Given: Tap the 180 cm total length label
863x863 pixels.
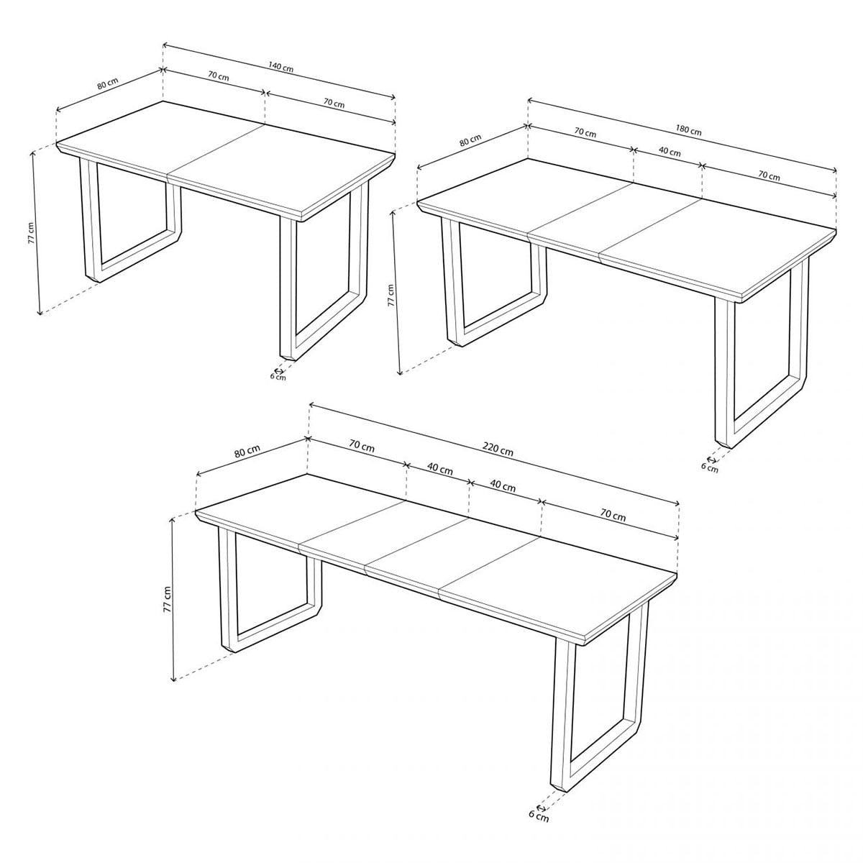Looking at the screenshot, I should click(x=688, y=130).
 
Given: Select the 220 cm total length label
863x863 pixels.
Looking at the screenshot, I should click(x=497, y=451).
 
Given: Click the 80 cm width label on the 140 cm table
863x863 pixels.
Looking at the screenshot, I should click(x=107, y=83).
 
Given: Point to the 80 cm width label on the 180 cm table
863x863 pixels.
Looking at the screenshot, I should click(x=470, y=142).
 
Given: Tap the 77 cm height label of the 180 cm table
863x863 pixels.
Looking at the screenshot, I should click(x=391, y=295).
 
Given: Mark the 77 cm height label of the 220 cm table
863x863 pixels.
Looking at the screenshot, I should click(x=166, y=598).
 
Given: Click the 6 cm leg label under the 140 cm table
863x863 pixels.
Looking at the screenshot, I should click(x=278, y=375).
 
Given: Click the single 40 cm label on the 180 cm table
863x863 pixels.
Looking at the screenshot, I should click(x=670, y=152).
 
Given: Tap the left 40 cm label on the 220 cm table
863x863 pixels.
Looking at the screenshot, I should click(x=439, y=469).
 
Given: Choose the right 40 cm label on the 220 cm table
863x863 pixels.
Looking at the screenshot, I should click(x=503, y=486).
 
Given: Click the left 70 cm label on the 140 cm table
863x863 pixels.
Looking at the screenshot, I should click(x=218, y=76).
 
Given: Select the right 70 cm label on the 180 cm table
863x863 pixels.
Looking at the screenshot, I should click(x=768, y=176).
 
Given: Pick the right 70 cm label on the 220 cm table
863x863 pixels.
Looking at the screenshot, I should click(x=612, y=516).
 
